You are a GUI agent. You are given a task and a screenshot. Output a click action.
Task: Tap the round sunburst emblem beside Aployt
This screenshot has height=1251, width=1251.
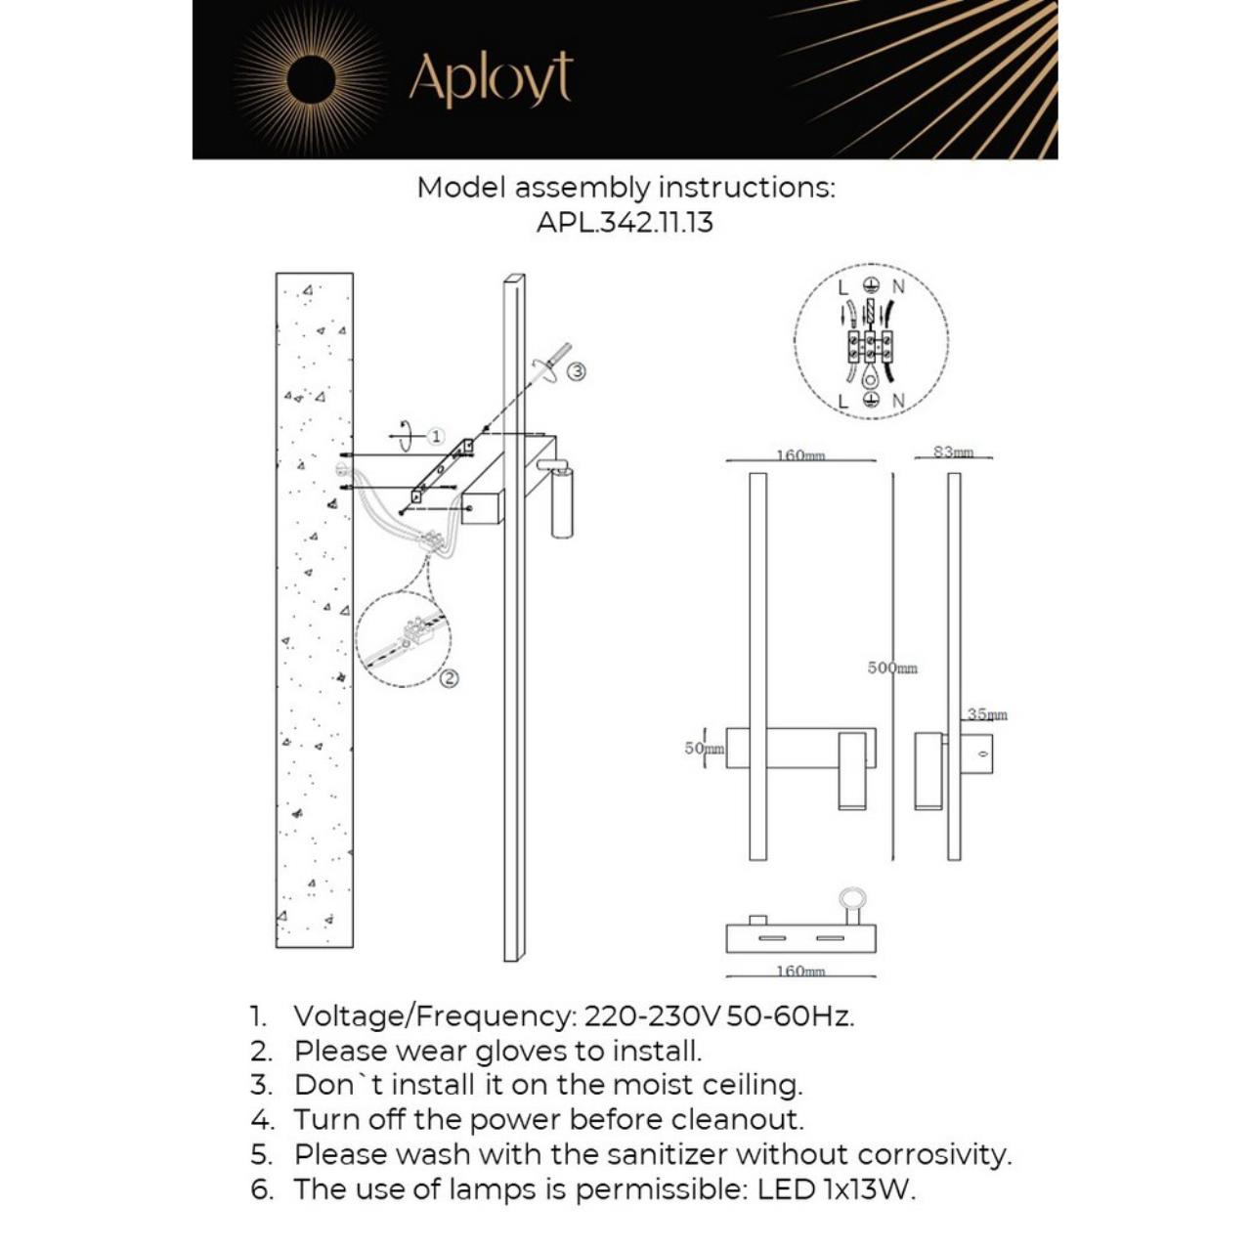(x=311, y=78)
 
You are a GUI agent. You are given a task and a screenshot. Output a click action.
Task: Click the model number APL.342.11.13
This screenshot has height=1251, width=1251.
(x=625, y=222)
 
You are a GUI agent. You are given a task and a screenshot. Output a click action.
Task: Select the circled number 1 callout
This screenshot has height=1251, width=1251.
(x=436, y=437)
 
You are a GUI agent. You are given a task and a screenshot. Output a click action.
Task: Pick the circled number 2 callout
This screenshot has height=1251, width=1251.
(x=449, y=678)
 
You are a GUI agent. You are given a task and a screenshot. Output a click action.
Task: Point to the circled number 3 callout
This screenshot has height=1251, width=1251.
(x=577, y=371)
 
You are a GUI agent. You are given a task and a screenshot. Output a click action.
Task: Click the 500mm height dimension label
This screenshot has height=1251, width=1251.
(x=892, y=669)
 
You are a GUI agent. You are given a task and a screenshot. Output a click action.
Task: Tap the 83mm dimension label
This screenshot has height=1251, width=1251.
(x=953, y=452)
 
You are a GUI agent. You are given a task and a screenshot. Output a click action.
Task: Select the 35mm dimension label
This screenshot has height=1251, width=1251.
(x=986, y=714)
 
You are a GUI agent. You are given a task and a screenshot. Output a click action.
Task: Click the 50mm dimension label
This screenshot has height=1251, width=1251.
(x=704, y=749)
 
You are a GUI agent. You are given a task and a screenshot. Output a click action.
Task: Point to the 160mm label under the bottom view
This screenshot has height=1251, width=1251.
(x=800, y=971)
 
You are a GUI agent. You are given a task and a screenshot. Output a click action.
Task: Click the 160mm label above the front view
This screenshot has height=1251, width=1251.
(x=800, y=455)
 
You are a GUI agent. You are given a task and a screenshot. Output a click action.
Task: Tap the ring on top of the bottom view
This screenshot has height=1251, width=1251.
(x=852, y=898)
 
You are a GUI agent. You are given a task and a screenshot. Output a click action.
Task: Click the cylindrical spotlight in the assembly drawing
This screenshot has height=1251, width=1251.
(x=562, y=501)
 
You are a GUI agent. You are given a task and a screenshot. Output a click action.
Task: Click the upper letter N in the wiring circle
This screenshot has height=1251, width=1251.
(x=898, y=286)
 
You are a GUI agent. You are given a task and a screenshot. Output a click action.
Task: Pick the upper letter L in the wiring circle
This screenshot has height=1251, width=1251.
(x=843, y=286)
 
